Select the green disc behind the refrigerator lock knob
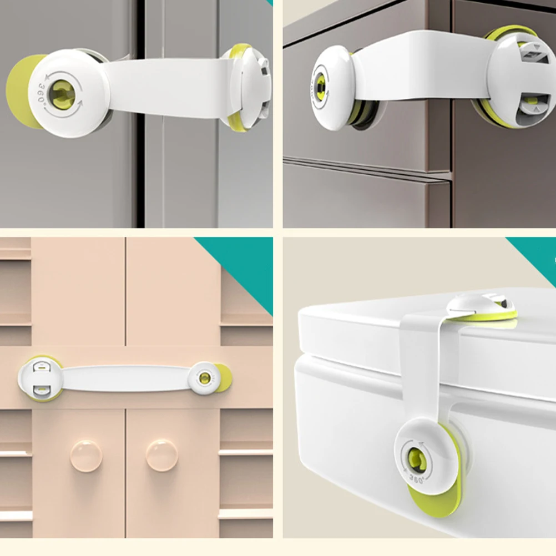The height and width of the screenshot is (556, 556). [x=19, y=92]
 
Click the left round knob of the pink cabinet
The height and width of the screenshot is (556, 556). [x=86, y=456]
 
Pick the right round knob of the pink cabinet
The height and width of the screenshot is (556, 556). [x=161, y=456]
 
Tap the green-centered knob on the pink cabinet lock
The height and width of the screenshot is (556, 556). [x=204, y=378]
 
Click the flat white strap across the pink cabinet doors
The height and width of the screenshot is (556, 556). [x=125, y=378]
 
